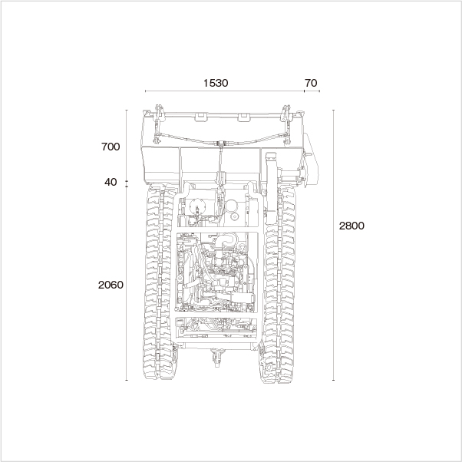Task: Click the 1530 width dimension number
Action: (216, 83)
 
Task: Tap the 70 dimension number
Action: (311, 83)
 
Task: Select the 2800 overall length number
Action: (351, 226)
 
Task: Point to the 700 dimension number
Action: (111, 147)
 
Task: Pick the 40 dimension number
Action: (111, 182)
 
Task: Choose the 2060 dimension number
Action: (111, 285)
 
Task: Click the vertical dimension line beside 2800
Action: (333, 245)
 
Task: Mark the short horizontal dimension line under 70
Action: (312, 91)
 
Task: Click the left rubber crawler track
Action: (159, 283)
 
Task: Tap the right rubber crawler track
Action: (279, 284)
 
